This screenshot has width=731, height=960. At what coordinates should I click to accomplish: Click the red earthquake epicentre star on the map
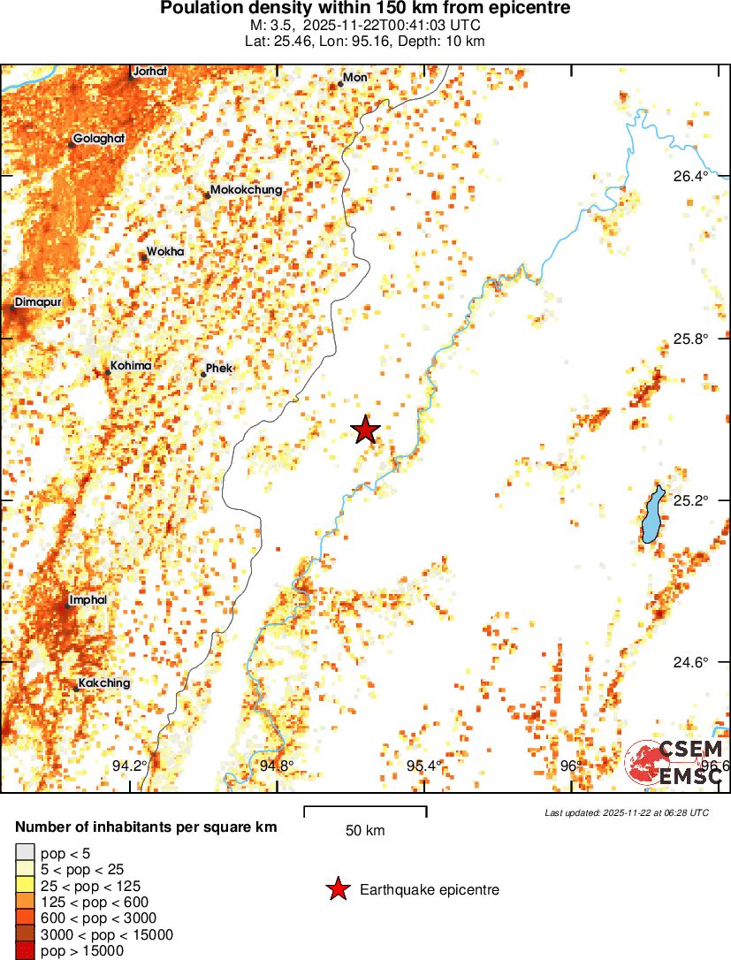click(365, 430)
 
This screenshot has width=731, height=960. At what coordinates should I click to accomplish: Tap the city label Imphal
click(88, 600)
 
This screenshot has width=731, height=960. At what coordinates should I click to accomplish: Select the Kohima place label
click(130, 366)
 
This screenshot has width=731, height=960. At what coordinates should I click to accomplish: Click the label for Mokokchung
click(246, 190)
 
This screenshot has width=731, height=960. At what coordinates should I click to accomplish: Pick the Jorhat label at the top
click(149, 71)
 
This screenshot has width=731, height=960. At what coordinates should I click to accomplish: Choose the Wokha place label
click(165, 252)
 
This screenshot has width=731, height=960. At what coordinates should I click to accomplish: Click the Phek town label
click(218, 368)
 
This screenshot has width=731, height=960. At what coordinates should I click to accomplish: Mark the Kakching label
click(103, 683)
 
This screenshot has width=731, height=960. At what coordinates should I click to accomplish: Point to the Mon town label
click(354, 78)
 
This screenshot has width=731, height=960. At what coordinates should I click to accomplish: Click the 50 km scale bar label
click(364, 830)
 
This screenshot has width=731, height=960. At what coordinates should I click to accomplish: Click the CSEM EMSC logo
click(676, 763)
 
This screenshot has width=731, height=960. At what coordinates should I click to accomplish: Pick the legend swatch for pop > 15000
click(25, 951)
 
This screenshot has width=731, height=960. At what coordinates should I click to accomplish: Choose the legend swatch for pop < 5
click(25, 852)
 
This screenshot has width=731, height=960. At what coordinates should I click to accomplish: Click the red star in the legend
click(337, 890)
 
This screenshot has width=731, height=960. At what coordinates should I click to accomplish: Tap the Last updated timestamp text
click(626, 812)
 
